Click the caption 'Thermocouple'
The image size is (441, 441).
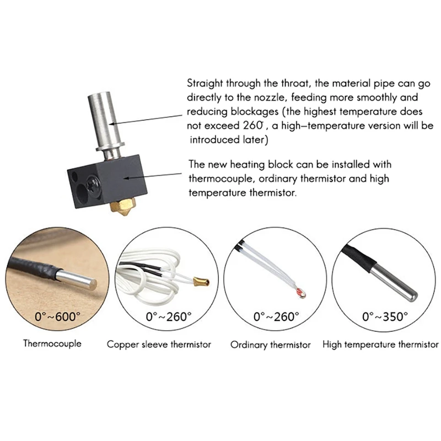(x=52, y=343)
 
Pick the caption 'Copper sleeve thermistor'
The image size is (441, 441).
(x=159, y=345)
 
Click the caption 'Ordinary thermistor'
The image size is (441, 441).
(x=270, y=345)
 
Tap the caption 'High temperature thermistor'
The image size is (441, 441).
(x=380, y=345)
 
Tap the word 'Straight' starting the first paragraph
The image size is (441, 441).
(x=204, y=84)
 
